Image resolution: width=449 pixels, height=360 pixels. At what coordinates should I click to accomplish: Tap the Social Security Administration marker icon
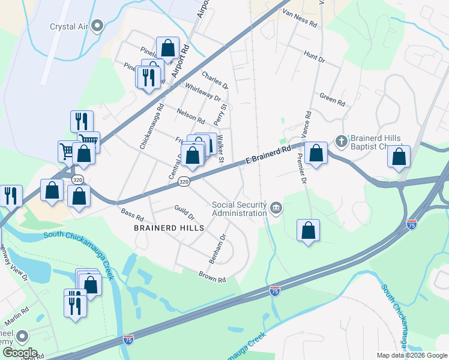click(276, 208)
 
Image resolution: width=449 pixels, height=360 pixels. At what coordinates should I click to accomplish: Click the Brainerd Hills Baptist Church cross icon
click(341, 141)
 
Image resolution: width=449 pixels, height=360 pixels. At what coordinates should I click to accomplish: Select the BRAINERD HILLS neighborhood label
click(170, 228)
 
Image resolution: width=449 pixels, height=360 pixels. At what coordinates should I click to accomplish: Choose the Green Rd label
click(333, 99)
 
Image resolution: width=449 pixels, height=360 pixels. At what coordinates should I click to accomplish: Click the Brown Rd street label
click(212, 277)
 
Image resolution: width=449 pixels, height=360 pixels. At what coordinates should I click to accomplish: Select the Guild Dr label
click(184, 211)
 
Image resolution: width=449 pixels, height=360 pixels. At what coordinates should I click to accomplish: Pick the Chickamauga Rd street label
click(152, 126)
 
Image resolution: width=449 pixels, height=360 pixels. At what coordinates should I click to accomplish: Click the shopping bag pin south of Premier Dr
click(308, 230)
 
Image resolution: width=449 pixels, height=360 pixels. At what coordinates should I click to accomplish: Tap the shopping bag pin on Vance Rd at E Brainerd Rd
click(316, 153)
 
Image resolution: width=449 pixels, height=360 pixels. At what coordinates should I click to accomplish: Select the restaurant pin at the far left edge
click(11, 196)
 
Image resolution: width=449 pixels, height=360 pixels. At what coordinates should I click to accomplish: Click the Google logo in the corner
click(20, 353)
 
